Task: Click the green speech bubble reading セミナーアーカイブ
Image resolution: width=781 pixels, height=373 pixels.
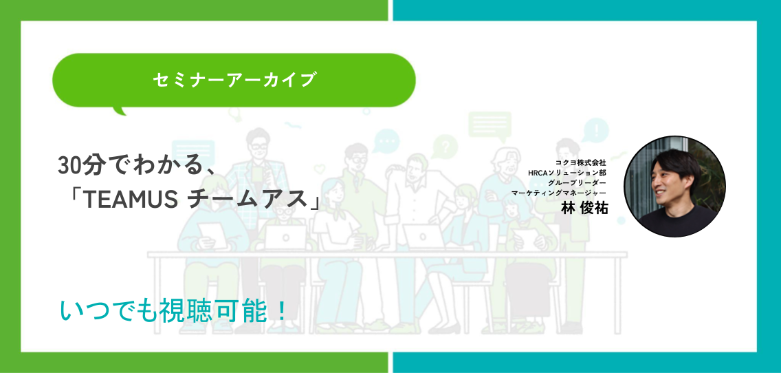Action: pos(234,80)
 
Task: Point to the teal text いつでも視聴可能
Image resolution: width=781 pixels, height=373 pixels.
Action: pos(165,310)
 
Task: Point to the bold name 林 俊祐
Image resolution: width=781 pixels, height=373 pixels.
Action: pos(585,207)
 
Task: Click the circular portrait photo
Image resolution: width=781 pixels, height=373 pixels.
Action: pos(674,186)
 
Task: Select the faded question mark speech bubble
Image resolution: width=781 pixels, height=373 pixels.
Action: pos(445,147)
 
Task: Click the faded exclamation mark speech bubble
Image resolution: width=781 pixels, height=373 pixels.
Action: pos(595,130)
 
